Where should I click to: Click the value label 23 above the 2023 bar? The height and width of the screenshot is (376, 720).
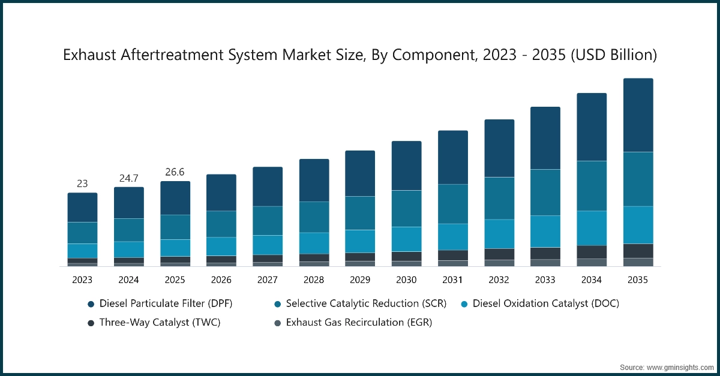point(82,184)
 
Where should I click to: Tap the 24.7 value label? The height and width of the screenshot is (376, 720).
point(128,178)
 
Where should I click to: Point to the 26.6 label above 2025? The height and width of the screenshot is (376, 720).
point(175,173)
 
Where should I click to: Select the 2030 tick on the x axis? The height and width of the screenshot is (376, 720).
point(406,279)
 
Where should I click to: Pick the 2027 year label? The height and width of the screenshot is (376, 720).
point(268,279)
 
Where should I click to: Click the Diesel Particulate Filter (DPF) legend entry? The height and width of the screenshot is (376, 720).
point(166,303)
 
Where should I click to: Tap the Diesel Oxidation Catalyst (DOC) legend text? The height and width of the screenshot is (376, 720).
point(545,303)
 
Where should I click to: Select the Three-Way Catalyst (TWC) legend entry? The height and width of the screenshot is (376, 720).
point(160,323)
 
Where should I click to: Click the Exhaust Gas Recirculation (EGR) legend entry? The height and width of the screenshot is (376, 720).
point(359,323)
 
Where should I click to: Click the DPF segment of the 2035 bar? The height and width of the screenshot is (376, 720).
point(638,115)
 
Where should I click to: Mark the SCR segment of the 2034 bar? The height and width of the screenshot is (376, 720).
point(592,186)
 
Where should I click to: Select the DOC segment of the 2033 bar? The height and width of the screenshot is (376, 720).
point(545,231)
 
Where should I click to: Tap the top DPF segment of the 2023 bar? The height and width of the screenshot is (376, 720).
point(82,207)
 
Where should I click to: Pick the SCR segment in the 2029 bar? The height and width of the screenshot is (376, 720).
point(360,213)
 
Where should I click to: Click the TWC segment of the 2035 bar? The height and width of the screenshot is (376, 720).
point(638,251)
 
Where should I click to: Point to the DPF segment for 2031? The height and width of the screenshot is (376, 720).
point(453,157)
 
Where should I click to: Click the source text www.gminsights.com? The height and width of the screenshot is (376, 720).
point(667,366)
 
